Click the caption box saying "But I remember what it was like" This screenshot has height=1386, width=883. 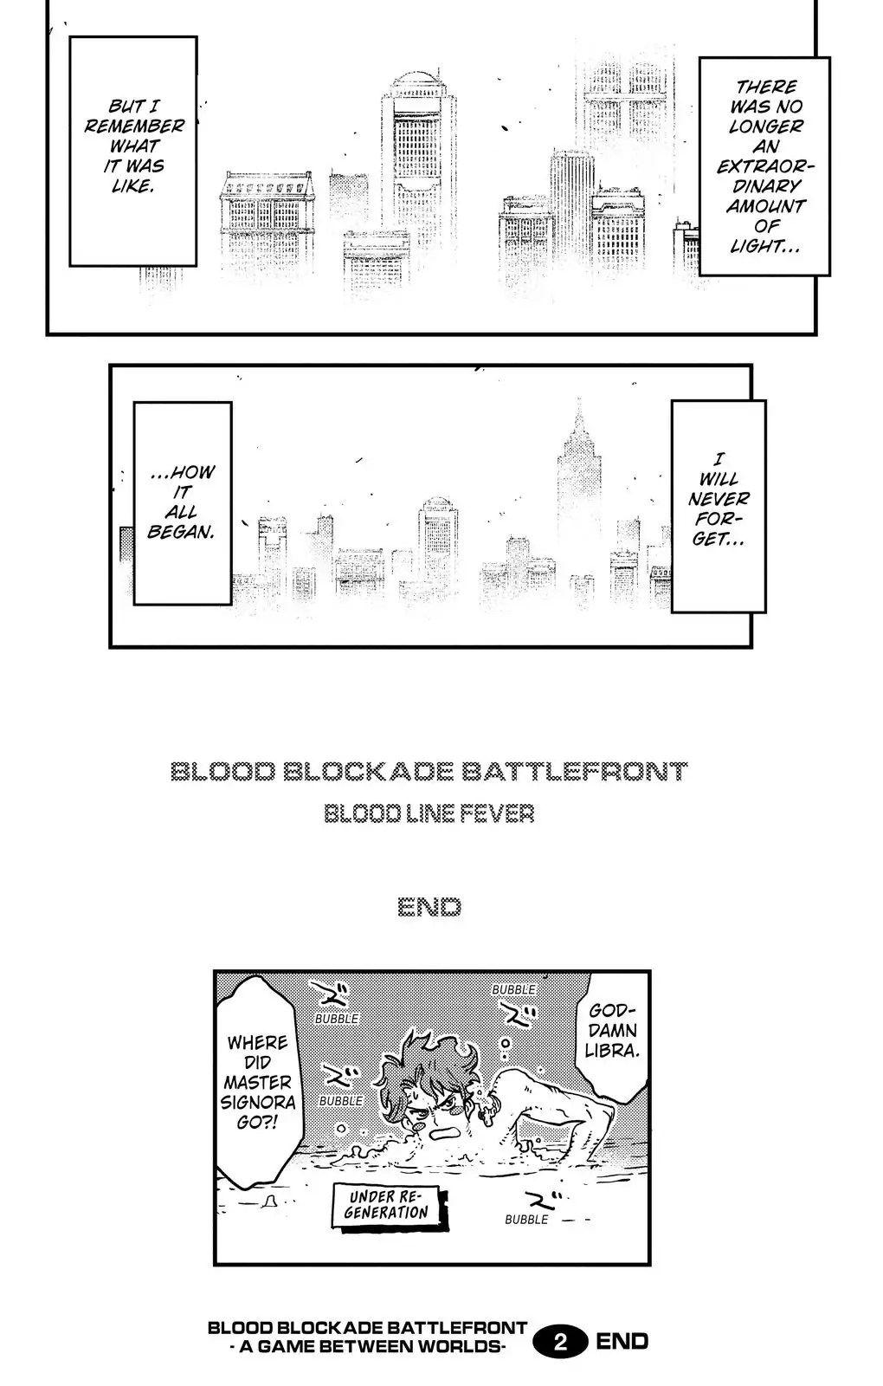click(x=133, y=150)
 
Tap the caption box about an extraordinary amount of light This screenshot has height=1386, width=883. click(x=764, y=166)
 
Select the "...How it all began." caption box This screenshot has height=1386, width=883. click(x=182, y=502)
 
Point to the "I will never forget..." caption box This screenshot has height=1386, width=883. click(x=719, y=506)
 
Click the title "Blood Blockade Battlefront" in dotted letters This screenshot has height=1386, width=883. click(x=429, y=771)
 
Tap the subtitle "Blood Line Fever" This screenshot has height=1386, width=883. click(x=429, y=814)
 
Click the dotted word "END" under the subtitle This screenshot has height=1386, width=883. click(x=429, y=907)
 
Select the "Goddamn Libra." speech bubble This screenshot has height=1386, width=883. click(x=611, y=1031)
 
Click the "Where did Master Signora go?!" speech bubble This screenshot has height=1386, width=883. click(x=259, y=1083)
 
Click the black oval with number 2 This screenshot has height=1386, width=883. click(x=560, y=1342)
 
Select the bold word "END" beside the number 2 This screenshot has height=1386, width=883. click(x=622, y=1342)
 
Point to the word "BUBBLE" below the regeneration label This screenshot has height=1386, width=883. click(x=526, y=1220)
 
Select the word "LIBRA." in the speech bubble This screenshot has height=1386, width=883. click(x=611, y=1051)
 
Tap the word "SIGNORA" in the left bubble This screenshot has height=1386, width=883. click(x=259, y=1103)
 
